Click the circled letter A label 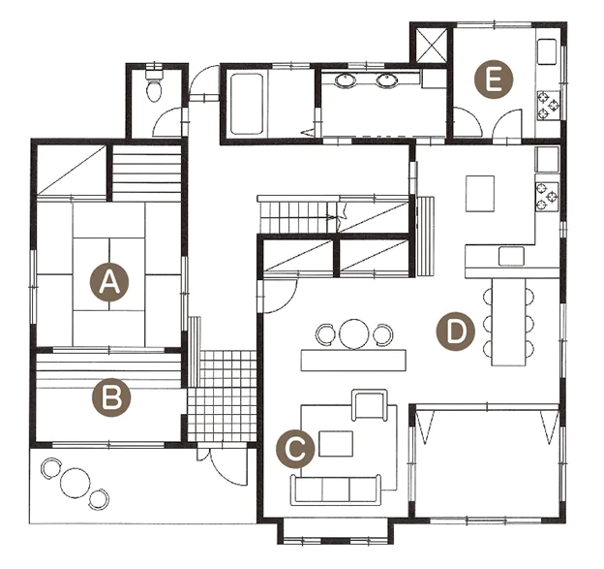pos(109,283)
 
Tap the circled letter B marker pos(111,397)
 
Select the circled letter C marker pos(295,449)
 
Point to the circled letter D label pos(456,331)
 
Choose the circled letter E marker pos(494,79)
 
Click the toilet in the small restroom pos(154,85)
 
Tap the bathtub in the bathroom pos(247,104)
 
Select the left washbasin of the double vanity pos(346,80)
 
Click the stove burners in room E pos(549,106)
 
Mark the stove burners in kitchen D pos(547,196)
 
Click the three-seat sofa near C pos(336,490)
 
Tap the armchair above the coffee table pos(369,405)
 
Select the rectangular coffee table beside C pos(336,444)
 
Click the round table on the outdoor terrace pos(75,482)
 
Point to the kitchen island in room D pos(480,193)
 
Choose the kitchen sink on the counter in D pos(511,257)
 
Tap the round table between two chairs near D pos(354,334)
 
